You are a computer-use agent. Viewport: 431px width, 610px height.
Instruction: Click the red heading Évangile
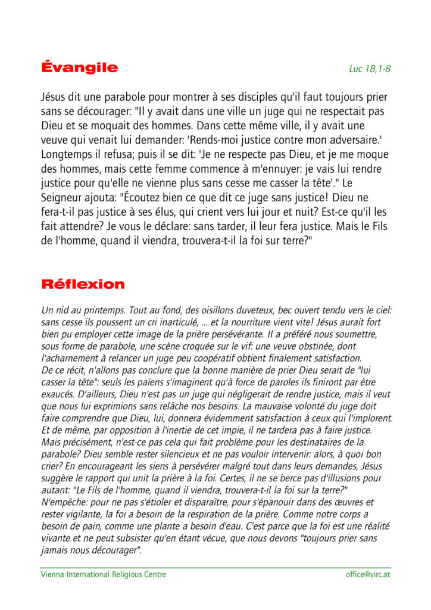point(79,67)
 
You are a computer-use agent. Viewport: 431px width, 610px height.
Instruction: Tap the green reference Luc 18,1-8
point(370,69)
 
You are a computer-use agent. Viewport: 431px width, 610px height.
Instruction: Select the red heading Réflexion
point(83,284)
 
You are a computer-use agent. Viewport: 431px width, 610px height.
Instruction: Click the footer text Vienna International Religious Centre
point(103,574)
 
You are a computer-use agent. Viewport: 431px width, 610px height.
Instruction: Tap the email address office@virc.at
point(368,574)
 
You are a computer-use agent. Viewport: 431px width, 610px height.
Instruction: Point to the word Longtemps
point(66,155)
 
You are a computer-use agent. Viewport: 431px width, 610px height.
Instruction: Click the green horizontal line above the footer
point(215,567)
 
